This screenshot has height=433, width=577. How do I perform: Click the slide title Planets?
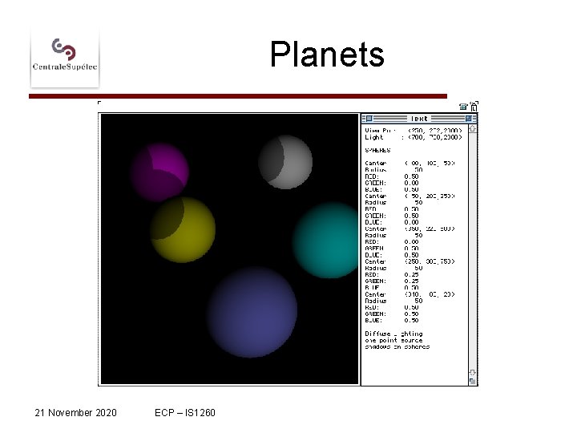click(x=327, y=55)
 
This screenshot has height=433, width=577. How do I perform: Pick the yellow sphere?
click(x=183, y=229)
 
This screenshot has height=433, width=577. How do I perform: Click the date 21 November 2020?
click(x=76, y=412)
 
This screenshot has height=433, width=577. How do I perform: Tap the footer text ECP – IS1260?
click(x=185, y=412)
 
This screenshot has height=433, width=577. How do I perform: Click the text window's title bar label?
click(x=419, y=118)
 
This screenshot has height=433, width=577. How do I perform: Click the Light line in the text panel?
click(x=410, y=137)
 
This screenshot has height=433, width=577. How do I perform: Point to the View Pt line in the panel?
click(x=410, y=130)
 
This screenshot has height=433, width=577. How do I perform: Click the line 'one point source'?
click(x=393, y=340)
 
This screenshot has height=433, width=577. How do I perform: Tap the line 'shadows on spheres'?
click(x=397, y=346)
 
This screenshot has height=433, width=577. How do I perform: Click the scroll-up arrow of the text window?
click(x=473, y=127)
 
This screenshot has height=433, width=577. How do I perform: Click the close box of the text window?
click(x=368, y=118)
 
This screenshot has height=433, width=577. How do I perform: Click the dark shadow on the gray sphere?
click(x=272, y=160)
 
